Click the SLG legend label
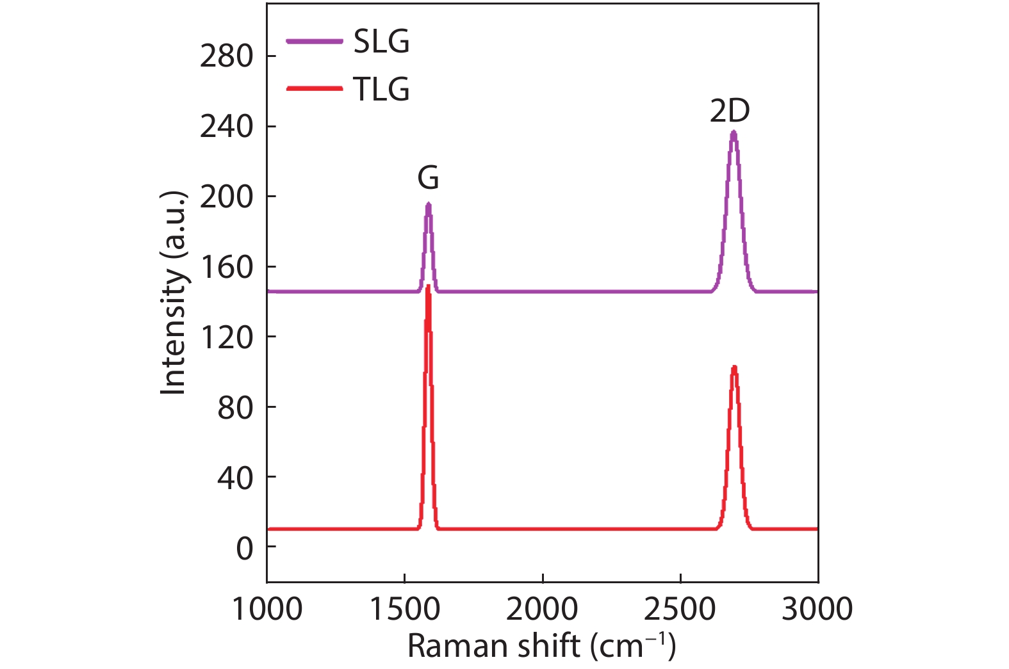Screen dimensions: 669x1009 pyautogui.click(x=381, y=42)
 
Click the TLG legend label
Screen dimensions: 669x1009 pyautogui.click(x=381, y=89)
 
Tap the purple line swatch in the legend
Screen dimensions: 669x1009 pyautogui.click(x=314, y=42)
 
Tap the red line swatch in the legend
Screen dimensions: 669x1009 pyautogui.click(x=314, y=88)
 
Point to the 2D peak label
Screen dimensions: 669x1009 pyautogui.click(x=729, y=111)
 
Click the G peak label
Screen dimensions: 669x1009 pyautogui.click(x=428, y=178)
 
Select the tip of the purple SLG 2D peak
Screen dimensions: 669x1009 pyautogui.click(x=734, y=132)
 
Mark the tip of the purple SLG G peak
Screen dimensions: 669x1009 pyautogui.click(x=428, y=204)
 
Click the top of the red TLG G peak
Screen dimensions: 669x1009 pyautogui.click(x=428, y=286)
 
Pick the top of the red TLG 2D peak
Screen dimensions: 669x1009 pyautogui.click(x=734, y=367)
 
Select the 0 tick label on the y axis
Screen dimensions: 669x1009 pyautogui.click(x=245, y=548)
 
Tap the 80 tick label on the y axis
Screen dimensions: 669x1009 pyautogui.click(x=235, y=408)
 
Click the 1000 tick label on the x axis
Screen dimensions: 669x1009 pyautogui.click(x=267, y=609)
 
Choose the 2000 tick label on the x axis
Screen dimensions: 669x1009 pyautogui.click(x=542, y=609)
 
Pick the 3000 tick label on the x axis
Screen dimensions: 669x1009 pyautogui.click(x=817, y=609)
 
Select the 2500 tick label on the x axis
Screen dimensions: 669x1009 pyautogui.click(x=680, y=609)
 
